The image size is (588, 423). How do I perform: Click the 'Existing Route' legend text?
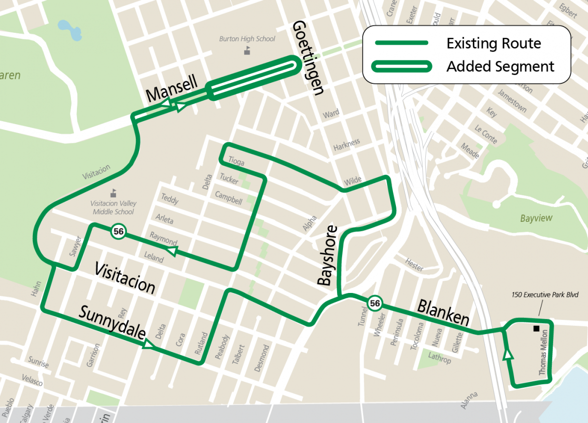[493, 44]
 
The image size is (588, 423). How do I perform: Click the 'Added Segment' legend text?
[500, 66]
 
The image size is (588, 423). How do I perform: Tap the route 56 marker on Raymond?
[118, 231]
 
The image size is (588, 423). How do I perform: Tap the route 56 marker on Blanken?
[375, 303]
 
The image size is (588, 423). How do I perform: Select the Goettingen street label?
[308, 58]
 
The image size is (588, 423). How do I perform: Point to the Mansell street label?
[171, 88]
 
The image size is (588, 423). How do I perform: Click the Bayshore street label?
[327, 256]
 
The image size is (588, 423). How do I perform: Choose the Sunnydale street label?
[112, 323]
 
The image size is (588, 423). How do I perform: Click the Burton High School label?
[247, 39]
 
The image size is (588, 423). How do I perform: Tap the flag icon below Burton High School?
[247, 50]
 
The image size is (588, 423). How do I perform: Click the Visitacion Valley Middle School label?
[113, 208]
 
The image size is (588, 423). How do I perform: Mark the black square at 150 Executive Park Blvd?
[537, 328]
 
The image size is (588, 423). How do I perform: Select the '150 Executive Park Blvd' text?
[542, 295]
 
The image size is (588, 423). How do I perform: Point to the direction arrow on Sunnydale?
[147, 345]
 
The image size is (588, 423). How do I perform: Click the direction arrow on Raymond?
[171, 251]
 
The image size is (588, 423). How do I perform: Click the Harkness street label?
[346, 145]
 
